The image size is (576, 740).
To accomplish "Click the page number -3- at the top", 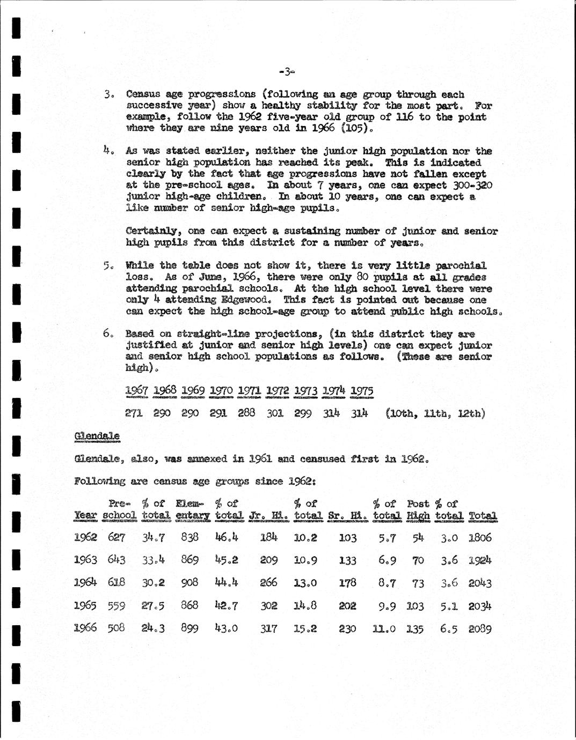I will tap(288, 71).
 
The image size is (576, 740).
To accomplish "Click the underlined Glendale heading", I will tap(97, 436).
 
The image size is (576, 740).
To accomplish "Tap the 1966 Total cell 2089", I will tap(479, 628).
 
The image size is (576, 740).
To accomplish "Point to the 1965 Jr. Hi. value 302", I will tap(268, 605).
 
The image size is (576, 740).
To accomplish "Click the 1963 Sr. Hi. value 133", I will tap(347, 560).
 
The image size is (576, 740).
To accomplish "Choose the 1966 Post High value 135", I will tap(415, 628).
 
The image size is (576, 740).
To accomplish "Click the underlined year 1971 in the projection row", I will tap(249, 390).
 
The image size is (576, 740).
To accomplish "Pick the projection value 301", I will tap(274, 413).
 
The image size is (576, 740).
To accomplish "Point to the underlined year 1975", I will tap(361, 390).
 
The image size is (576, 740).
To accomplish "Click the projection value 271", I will tap(134, 413).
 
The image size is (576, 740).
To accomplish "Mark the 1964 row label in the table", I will tap(85, 582).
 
